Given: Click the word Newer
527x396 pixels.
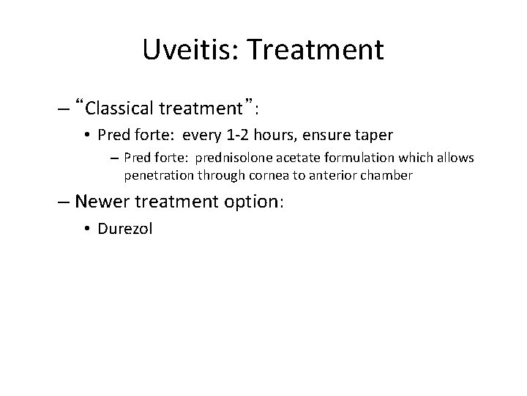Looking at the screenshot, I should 99,202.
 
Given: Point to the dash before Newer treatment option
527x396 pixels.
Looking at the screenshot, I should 64,202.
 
